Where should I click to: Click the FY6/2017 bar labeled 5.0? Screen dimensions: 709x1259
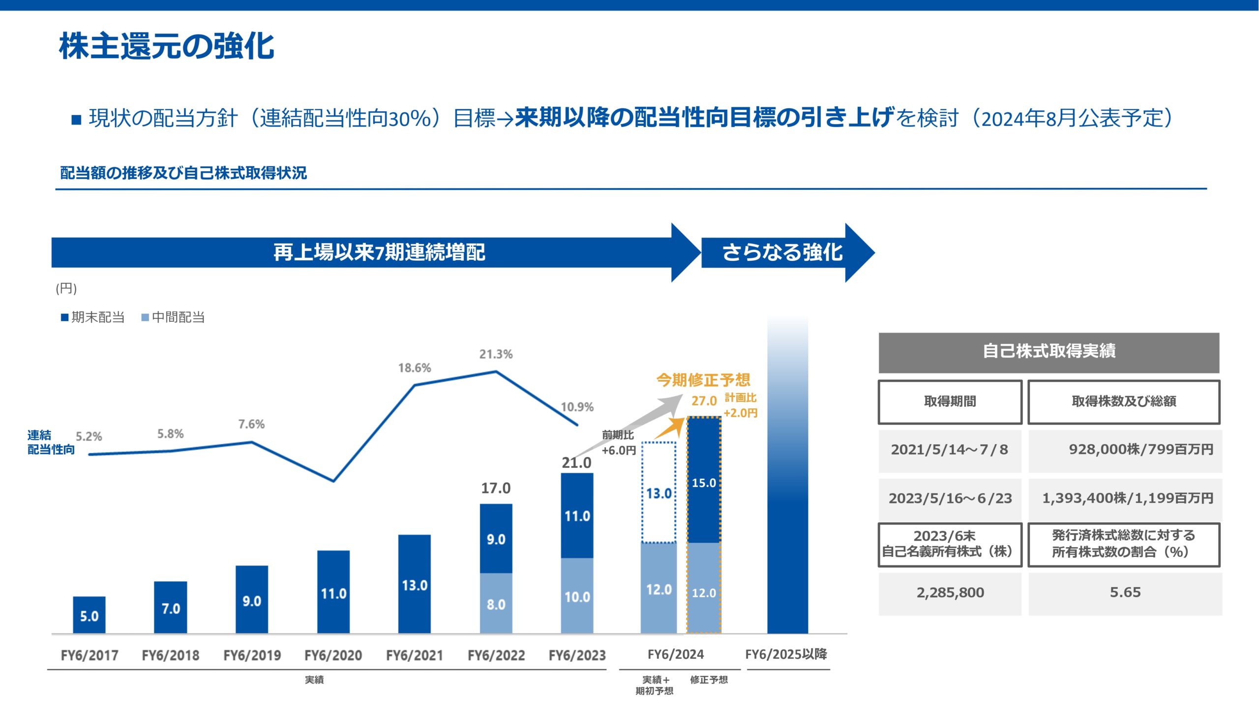[89, 615]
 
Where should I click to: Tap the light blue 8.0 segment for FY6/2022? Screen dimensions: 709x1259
[496, 603]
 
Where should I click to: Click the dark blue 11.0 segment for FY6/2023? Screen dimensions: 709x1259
[577, 515]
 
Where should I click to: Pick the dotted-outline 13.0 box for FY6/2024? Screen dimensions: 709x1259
[659, 493]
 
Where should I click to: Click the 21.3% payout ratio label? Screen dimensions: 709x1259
[496, 354]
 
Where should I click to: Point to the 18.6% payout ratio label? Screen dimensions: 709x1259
[414, 368]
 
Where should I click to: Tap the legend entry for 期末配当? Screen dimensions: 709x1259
[93, 317]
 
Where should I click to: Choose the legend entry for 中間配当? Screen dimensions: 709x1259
[173, 317]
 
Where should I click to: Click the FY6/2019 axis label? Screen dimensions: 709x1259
[252, 655]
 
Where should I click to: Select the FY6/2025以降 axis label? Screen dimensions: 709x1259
[786, 654]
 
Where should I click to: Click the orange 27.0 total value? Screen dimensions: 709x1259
[704, 401]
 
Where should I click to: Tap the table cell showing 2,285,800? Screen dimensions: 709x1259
[950, 592]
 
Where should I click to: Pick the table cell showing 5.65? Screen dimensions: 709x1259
[1125, 592]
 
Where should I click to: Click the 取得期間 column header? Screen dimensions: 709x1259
[950, 401]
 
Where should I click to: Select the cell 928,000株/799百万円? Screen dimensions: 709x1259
[1140, 449]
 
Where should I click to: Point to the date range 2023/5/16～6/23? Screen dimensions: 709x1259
[950, 498]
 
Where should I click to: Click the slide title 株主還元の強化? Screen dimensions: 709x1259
[167, 47]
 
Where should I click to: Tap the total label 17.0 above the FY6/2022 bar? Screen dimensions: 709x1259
[496, 488]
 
